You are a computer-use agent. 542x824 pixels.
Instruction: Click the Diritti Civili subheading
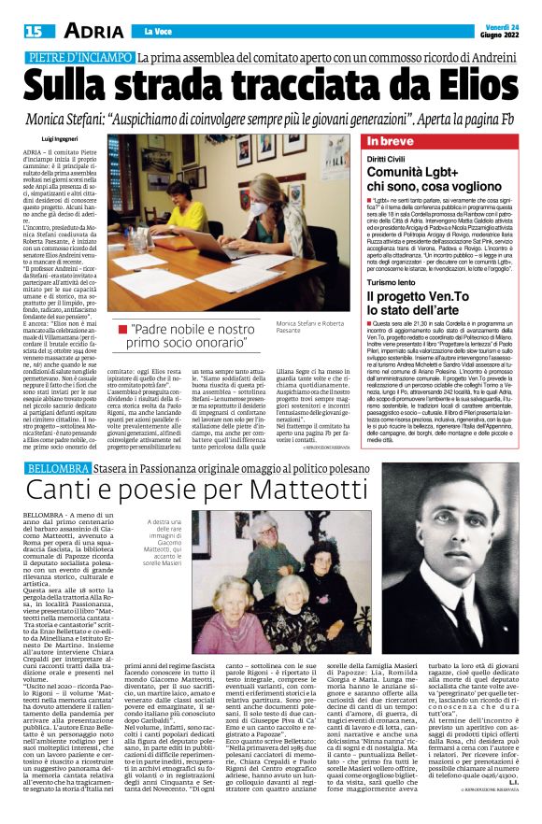point(391,160)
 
